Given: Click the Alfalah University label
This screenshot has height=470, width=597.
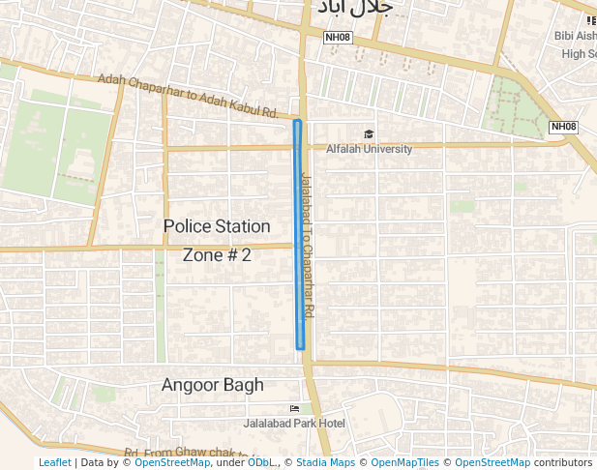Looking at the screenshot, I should point(369,149).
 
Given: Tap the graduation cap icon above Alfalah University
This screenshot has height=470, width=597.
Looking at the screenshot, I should point(368,134).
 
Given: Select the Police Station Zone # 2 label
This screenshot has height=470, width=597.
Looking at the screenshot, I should point(217,240).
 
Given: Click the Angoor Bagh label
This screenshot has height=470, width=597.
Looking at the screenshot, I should point(212,385).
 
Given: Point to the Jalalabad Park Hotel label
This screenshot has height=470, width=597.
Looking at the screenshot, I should point(294,424).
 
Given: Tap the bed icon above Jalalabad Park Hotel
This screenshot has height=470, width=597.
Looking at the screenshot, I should point(294,409).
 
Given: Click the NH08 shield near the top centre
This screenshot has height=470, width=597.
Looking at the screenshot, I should point(338,38).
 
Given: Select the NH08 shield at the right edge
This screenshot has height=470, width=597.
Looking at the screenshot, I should point(563,127).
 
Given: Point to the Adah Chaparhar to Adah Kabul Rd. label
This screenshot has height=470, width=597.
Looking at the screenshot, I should point(188,98).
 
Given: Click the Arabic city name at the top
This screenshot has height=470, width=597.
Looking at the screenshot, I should point(351,9).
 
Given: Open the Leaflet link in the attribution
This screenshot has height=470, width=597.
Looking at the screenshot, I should point(54,463).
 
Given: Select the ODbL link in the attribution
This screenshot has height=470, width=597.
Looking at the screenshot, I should point(260,463).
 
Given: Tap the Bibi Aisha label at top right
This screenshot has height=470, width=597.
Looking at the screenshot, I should point(575,36).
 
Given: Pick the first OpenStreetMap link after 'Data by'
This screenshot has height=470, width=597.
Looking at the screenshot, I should point(172,463).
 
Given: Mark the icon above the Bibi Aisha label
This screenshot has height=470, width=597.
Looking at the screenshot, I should point(590,20).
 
